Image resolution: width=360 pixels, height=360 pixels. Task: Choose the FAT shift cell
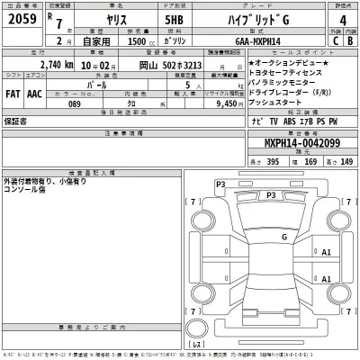(14, 92)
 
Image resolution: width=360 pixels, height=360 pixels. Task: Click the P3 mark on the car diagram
(220, 184)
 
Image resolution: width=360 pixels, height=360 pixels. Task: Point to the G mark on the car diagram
(284, 237)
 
